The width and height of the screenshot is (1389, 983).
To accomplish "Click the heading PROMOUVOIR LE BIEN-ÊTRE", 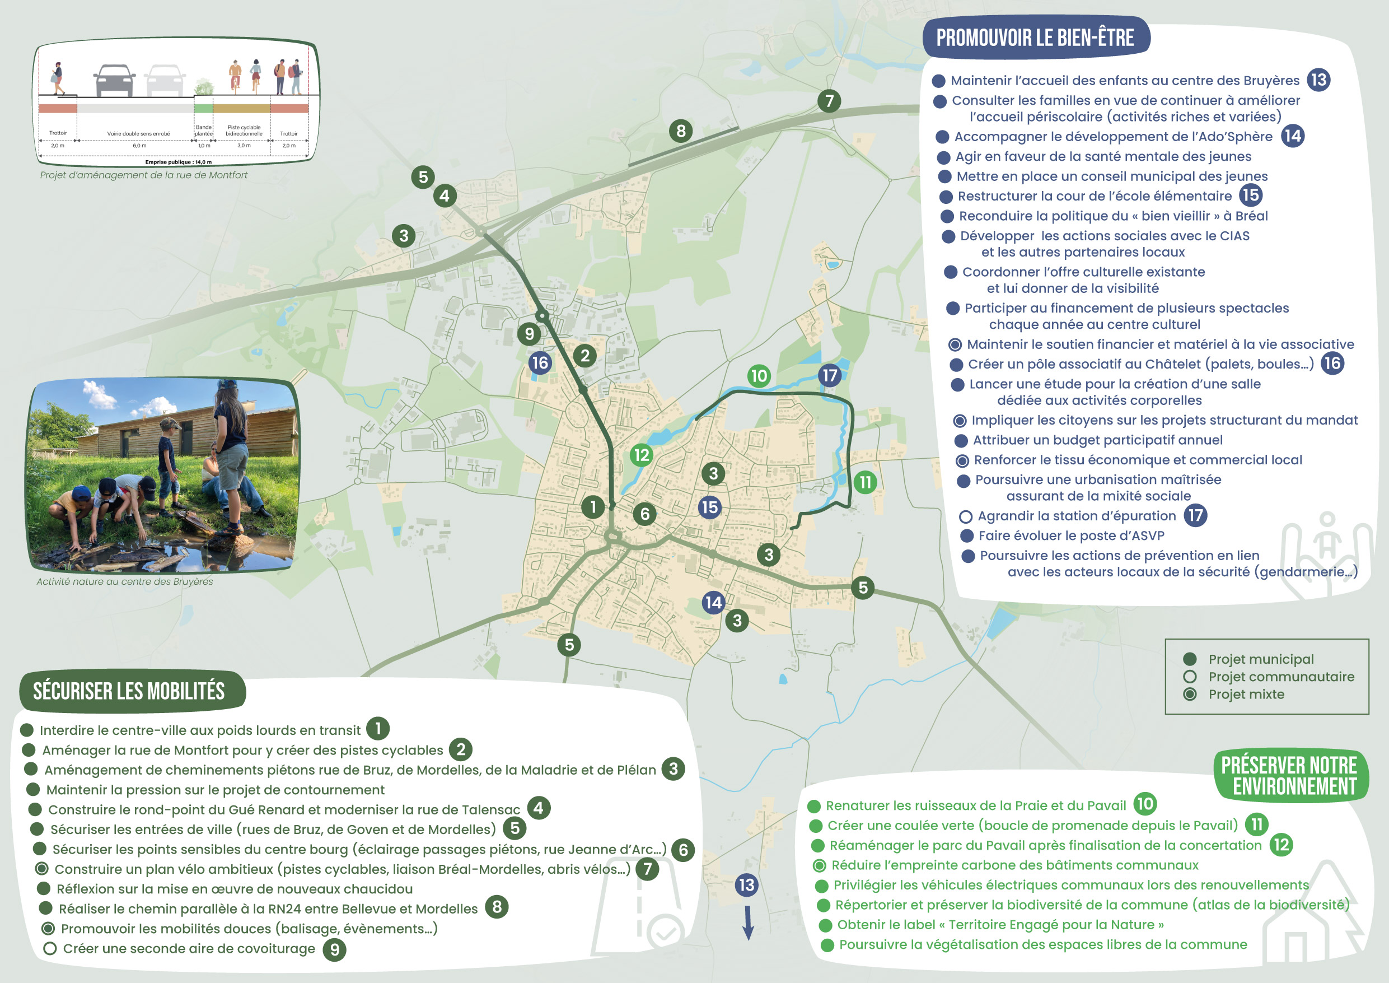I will click(x=1035, y=38).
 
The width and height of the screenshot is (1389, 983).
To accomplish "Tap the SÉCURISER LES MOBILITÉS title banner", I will click(x=129, y=691).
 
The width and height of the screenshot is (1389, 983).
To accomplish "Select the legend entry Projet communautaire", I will click(x=1281, y=677).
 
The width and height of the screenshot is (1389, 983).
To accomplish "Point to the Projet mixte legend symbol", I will click(x=1189, y=695).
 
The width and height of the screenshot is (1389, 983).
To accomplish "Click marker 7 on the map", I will click(x=829, y=100).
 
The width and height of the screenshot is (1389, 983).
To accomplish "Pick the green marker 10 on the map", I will click(x=758, y=376).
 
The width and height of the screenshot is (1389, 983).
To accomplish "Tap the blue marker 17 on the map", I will click(x=829, y=375).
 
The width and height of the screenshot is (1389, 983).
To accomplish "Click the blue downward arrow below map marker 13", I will click(x=748, y=923).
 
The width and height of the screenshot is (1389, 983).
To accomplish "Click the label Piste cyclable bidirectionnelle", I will click(x=244, y=130).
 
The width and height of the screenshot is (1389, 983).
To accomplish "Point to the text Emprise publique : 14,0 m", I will click(x=179, y=162).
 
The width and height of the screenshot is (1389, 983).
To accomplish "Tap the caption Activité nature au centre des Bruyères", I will click(x=125, y=582).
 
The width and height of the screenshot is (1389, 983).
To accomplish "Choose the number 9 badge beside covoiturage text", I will click(x=335, y=949).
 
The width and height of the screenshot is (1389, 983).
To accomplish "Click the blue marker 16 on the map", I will click(x=540, y=363).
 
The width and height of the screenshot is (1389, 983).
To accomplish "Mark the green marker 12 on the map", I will click(x=641, y=455).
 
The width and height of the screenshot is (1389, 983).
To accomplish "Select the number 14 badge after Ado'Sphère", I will click(x=1292, y=136).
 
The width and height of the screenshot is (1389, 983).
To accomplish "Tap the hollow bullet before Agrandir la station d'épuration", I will click(x=966, y=516).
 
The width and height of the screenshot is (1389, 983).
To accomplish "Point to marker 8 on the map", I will click(x=681, y=131).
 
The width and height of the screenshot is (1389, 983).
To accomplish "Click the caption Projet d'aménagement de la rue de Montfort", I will click(x=143, y=175).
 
